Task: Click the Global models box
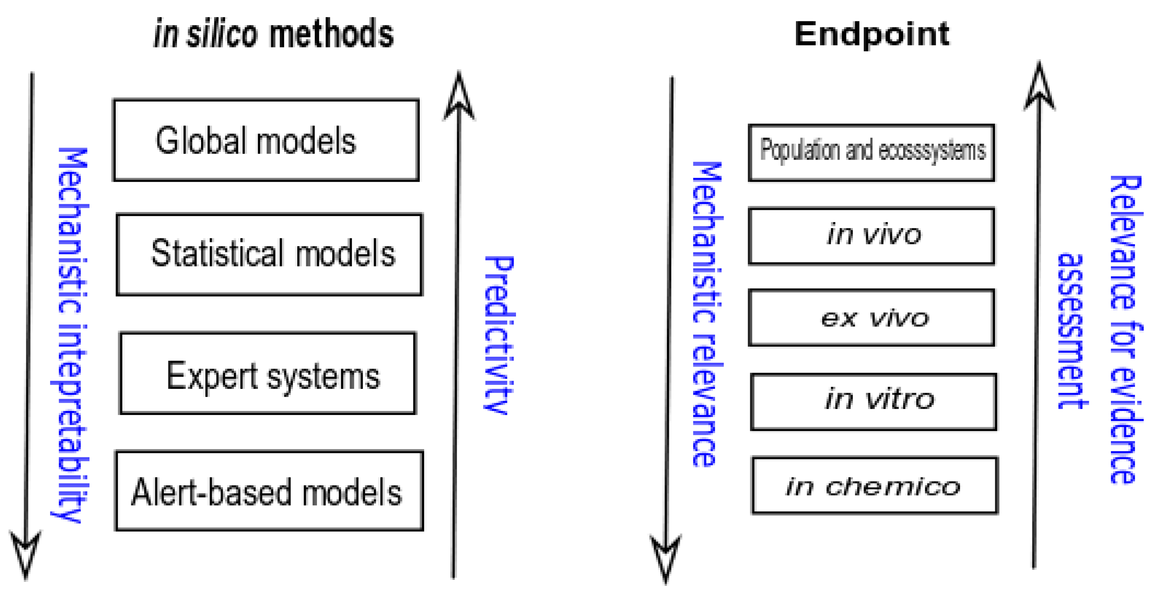[x=266, y=140]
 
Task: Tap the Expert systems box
[x=268, y=373]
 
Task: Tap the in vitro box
[x=873, y=401]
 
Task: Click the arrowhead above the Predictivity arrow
[x=459, y=96]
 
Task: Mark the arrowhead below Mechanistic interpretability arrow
[x=25, y=553]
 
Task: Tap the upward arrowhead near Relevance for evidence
[x=1039, y=87]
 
